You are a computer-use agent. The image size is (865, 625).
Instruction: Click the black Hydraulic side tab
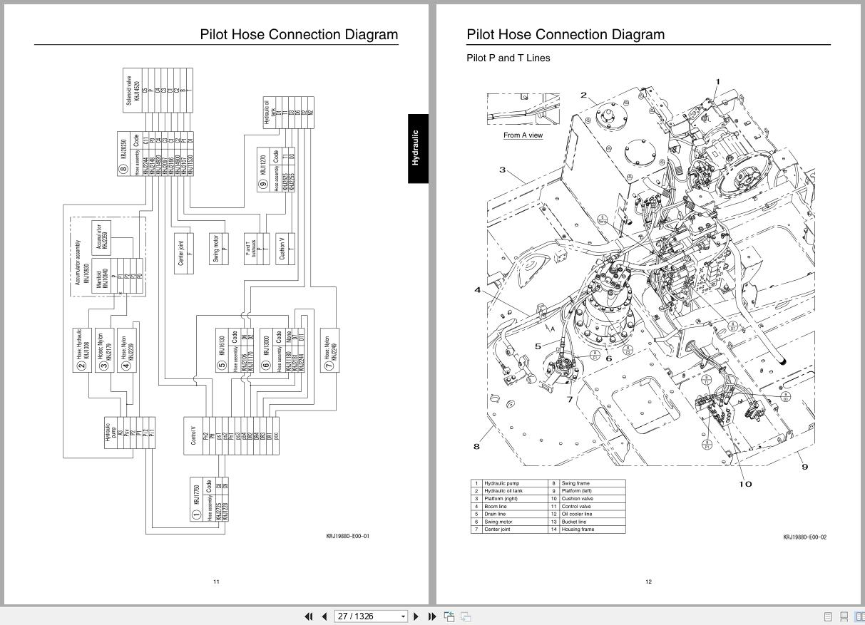coord(417,148)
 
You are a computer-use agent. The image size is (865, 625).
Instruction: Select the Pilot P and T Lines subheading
coord(508,58)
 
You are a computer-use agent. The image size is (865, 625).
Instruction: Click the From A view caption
coord(523,135)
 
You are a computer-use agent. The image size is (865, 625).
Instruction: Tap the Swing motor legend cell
coord(501,522)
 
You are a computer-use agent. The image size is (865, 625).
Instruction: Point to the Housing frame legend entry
coord(578,530)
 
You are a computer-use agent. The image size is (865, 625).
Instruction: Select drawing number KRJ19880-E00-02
coord(804,537)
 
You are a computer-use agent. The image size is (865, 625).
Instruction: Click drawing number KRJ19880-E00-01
coord(348,536)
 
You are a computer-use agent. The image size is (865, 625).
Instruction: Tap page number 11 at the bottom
coord(216,582)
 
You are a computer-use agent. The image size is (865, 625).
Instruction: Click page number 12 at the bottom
coord(648,582)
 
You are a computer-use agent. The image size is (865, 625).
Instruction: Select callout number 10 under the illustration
coord(745,484)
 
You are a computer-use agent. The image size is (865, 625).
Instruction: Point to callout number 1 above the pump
coord(717,82)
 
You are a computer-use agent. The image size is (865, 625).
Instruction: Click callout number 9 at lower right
coord(805,467)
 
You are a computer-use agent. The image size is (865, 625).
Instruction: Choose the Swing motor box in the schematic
coord(220,247)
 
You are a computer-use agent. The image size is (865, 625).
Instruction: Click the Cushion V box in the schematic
coord(285,248)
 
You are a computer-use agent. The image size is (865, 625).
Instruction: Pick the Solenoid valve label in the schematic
coord(129,91)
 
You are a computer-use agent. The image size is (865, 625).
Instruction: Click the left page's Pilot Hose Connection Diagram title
coord(299,34)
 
